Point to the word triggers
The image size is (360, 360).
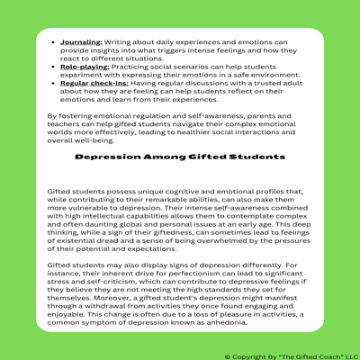[x=236, y=50]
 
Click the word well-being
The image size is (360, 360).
[x=91, y=139]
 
